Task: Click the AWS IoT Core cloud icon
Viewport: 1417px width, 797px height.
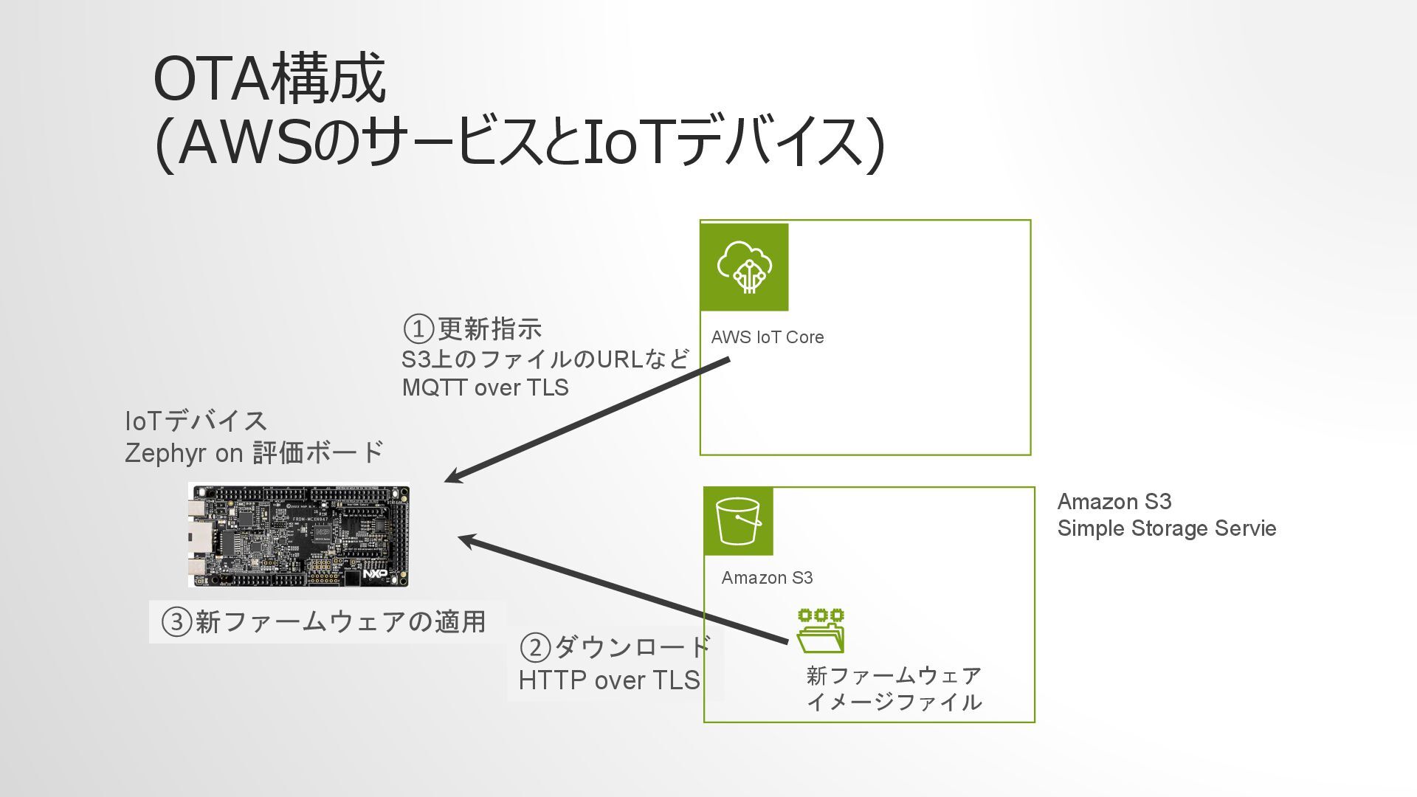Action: (x=744, y=266)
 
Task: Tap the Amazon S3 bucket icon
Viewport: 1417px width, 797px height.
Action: (x=738, y=521)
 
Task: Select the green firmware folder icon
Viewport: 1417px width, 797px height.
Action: (x=821, y=631)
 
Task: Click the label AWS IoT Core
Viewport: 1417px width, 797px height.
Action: (x=767, y=337)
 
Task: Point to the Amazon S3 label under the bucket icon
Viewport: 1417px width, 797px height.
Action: (x=767, y=578)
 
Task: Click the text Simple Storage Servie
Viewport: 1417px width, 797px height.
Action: (x=1166, y=528)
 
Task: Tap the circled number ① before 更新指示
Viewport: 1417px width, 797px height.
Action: (x=418, y=328)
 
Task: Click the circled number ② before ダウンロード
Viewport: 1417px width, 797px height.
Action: (x=535, y=648)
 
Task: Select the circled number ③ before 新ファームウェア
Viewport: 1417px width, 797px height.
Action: (x=177, y=622)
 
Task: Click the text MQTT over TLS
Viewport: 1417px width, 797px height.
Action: (x=485, y=387)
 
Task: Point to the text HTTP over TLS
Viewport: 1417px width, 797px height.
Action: (x=609, y=680)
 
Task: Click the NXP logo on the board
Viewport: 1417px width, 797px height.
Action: (x=375, y=573)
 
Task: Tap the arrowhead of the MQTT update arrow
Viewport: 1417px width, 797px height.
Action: (x=452, y=478)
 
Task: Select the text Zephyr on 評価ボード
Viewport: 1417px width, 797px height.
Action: (x=254, y=452)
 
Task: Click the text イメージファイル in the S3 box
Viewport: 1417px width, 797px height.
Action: (x=894, y=702)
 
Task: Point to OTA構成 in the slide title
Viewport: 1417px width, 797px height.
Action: (x=269, y=78)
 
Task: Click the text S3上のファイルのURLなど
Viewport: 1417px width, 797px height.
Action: (x=545, y=359)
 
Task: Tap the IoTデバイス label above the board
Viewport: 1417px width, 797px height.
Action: (x=196, y=421)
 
